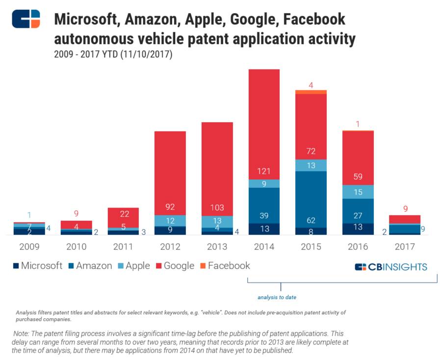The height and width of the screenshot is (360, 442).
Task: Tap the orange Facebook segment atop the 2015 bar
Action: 311,92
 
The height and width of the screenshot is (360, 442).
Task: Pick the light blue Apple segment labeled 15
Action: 358,192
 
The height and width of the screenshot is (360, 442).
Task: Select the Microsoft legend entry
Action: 37,266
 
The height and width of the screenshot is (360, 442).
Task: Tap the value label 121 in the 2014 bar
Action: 264,171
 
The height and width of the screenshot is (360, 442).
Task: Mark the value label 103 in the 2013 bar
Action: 217,207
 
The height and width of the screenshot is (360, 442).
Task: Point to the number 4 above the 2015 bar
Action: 311,85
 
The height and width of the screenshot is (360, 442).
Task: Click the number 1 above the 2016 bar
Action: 358,124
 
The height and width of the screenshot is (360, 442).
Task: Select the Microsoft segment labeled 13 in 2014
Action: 264,229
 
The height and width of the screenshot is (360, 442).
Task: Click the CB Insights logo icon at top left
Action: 26,19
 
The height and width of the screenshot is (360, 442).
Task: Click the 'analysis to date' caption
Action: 277,297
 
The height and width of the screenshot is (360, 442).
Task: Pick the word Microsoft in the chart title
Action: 85,20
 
